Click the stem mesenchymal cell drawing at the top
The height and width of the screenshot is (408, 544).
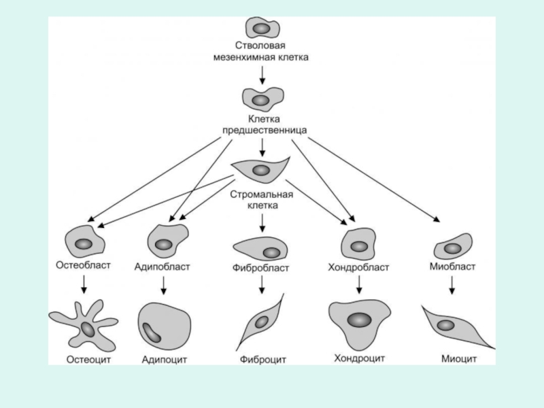tap(262, 28)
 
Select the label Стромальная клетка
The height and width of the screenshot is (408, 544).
tap(262, 200)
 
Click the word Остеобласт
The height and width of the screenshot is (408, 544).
tap(83, 265)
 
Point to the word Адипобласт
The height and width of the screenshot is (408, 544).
tap(162, 267)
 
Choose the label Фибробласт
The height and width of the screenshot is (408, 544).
tap(262, 268)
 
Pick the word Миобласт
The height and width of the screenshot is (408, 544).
tap(452, 266)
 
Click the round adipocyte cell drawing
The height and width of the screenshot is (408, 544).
tap(163, 326)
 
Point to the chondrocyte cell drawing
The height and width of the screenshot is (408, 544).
tap(359, 321)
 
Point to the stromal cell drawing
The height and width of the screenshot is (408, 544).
tap(260, 169)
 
